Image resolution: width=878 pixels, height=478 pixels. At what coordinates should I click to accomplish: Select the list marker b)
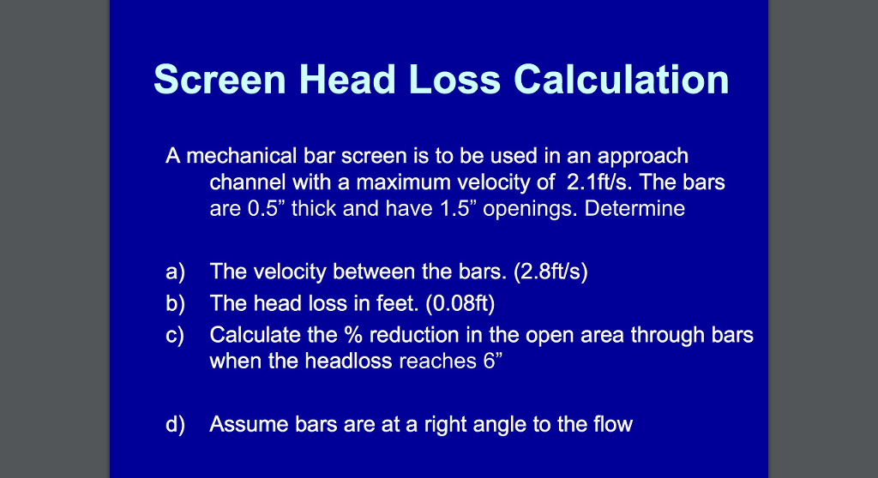click(x=176, y=303)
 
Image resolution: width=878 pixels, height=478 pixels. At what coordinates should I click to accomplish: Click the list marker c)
click(x=176, y=335)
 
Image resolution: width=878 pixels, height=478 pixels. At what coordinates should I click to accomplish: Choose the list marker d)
click(x=176, y=423)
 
